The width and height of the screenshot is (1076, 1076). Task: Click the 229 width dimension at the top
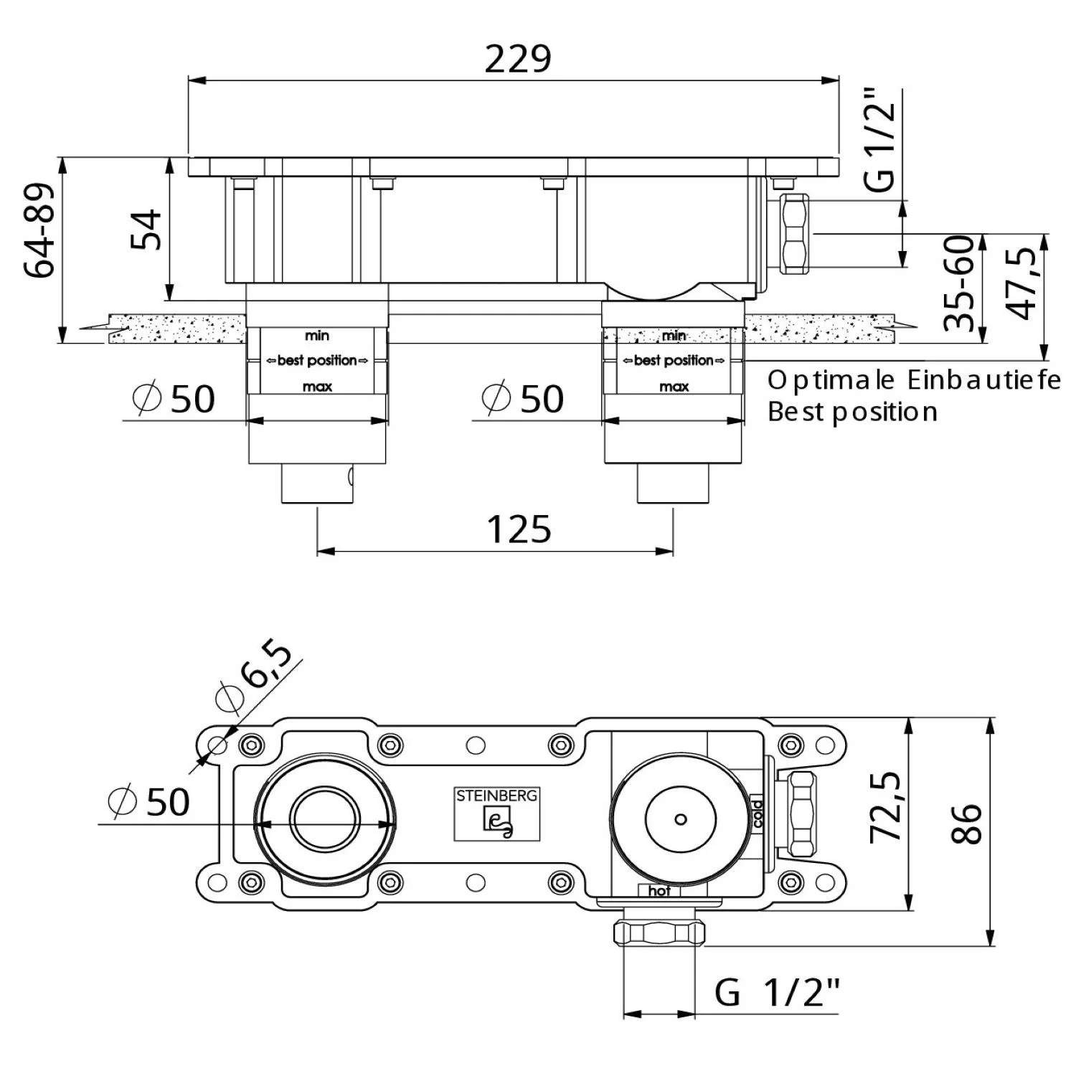pos(517,59)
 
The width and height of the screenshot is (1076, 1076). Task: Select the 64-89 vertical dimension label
pos(39,231)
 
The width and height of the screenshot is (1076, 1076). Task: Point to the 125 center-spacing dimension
pos(519,530)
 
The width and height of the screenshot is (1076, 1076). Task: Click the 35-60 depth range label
pos(960,283)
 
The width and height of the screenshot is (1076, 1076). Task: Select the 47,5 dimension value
pos(1021,283)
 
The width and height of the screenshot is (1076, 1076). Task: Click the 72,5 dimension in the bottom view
pos(884,807)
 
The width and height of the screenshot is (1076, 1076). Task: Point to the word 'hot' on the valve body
pos(659,891)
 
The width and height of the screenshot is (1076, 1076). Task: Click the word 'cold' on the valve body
pos(757,813)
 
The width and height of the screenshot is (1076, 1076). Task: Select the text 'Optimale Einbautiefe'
pos(914,380)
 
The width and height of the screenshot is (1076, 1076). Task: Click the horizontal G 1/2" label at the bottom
pos(777,994)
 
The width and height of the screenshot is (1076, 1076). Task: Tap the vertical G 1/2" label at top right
pos(879,140)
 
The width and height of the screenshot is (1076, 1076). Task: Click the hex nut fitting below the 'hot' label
pos(659,933)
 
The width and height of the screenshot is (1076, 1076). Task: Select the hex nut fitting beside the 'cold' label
pos(800,813)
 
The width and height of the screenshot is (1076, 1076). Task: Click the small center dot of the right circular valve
pos(681,819)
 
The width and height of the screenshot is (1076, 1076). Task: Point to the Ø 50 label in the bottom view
pos(148,801)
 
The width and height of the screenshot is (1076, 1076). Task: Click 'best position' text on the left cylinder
pos(317,360)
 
